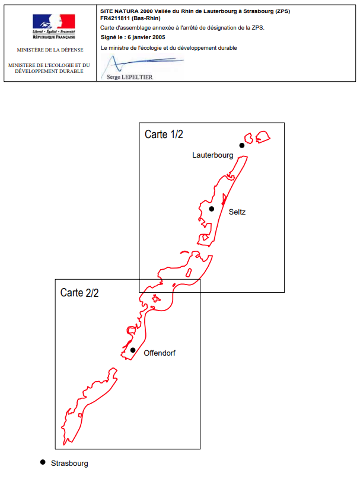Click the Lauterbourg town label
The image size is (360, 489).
pos(213,155)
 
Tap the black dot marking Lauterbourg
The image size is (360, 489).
pos(242,145)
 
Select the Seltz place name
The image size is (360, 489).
pos(237,212)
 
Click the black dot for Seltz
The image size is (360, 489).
pos(212,209)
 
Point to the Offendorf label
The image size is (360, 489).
pos(160,353)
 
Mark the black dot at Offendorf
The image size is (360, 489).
pos(133,350)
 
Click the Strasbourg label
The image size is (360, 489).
pos(69,464)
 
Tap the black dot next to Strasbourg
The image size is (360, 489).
pos(43,462)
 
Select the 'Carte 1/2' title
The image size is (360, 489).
pos(164,135)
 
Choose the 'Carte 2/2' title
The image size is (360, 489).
pos(79,293)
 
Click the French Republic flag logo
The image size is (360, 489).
pos(53,22)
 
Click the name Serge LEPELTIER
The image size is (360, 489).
pos(130,77)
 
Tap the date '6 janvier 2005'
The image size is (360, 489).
pos(146,37)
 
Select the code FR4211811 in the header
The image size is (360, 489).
pos(114,18)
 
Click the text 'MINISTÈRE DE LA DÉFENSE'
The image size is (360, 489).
pos(50,50)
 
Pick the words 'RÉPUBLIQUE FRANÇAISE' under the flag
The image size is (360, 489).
pos(54,37)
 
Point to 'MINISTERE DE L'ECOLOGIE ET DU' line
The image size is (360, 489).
pos(49,65)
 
